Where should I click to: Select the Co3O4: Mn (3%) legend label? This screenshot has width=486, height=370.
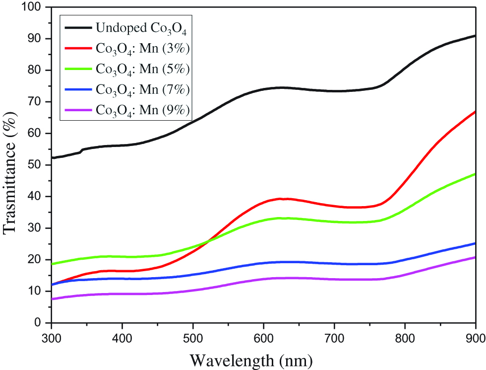pos(141,50)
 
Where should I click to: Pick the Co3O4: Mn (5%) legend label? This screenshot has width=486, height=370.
pos(141,70)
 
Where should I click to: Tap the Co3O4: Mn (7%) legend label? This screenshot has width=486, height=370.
pos(141,90)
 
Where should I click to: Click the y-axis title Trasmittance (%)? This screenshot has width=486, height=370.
pos(10,165)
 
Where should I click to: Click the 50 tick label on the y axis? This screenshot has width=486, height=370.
pos(35,165)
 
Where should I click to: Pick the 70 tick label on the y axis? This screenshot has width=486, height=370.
pos(35,102)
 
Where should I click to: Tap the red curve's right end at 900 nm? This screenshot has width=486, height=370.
pos(475,112)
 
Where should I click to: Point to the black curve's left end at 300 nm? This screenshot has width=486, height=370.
pos(52,158)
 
